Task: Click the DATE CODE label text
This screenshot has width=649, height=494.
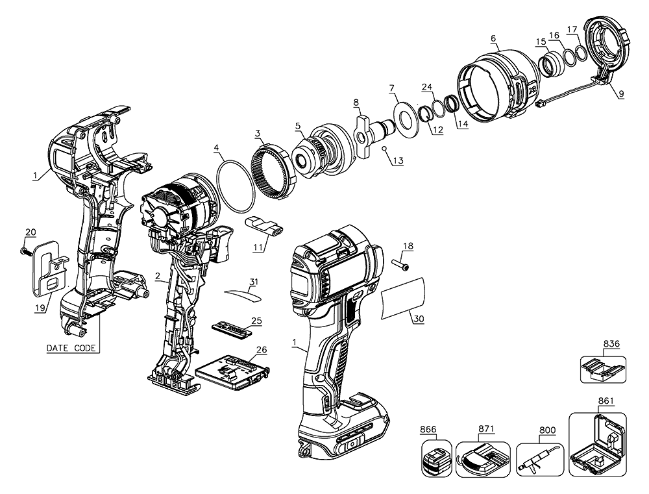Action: click(72, 348)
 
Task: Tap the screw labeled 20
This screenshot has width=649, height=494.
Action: click(23, 250)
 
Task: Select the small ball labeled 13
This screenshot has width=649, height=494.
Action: click(384, 149)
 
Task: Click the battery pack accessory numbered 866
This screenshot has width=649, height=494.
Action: click(435, 462)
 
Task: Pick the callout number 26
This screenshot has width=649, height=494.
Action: click(262, 349)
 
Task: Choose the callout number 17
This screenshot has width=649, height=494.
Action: click(572, 29)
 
